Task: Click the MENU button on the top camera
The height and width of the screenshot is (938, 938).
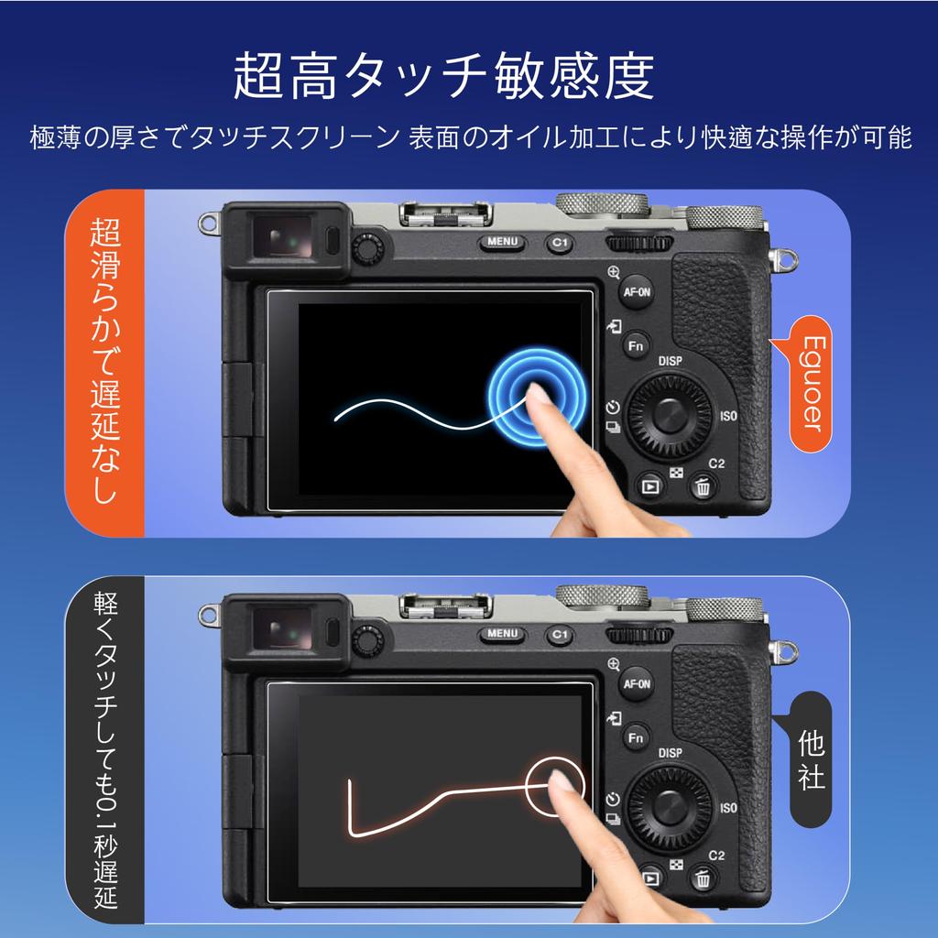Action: coord(502,243)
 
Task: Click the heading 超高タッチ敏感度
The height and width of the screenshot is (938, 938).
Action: coord(444,77)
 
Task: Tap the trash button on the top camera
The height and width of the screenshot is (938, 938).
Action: coord(702,486)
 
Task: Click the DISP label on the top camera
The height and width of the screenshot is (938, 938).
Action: coord(671,362)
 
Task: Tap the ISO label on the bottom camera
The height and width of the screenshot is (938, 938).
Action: coord(729,808)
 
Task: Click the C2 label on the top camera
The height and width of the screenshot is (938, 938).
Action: coord(716,463)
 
